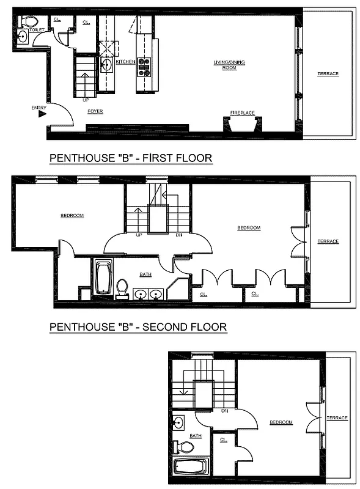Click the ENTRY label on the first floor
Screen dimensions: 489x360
pos(38,108)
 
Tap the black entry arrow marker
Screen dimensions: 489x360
pos(42,113)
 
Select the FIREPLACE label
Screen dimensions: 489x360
pos(242,112)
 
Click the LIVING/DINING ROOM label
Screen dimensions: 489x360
pos(224,65)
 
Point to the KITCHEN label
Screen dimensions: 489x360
pos(125,62)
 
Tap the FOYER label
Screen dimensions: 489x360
pos(95,111)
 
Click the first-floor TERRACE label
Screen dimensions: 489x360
pos(328,74)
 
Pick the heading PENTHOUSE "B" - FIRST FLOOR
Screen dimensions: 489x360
pos(130,158)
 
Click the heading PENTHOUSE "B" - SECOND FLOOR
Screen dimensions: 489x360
pos(138,328)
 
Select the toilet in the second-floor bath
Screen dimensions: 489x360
pos(122,287)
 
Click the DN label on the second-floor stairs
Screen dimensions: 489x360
pos(179,234)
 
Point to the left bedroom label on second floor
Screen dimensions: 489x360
pos(72,215)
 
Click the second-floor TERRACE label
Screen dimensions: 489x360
pos(328,241)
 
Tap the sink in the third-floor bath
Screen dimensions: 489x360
pos(178,422)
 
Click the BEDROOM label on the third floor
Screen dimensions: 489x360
pos(281,422)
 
